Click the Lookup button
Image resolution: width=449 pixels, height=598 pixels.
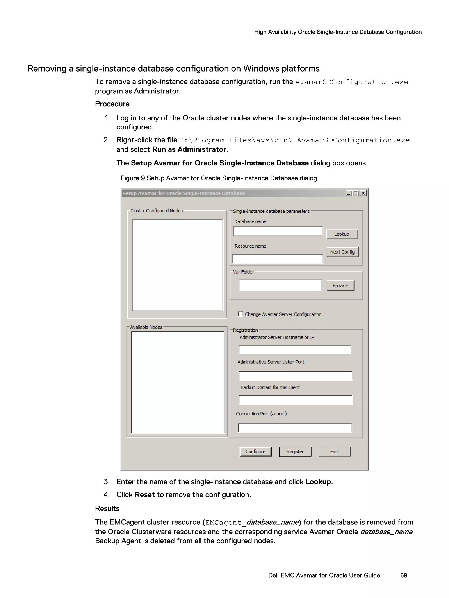pos(342,234)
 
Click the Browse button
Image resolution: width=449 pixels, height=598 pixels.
pos(340,286)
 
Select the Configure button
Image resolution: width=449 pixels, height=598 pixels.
pos(255,451)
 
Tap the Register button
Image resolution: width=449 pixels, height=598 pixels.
pos(295,451)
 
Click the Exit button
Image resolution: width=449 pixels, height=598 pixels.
pos(334,451)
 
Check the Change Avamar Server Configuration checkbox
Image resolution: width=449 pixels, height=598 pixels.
pos(240,314)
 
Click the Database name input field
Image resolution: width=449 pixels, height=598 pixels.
pos(278,232)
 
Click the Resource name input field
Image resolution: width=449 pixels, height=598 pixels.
pos(278,259)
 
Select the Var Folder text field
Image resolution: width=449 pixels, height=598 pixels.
pos(280,286)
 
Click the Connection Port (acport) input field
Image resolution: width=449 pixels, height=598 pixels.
pos(295,428)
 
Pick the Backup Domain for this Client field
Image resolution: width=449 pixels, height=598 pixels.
pos(295,400)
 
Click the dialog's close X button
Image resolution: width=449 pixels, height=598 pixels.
pos(363,193)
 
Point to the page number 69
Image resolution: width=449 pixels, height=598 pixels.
pos(404,575)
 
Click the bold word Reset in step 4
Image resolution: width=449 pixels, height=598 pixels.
pos(144,494)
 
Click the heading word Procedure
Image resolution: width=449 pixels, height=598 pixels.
pos(112,104)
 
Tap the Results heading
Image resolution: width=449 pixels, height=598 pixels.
pos(107,508)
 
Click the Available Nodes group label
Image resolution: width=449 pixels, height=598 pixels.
pos(146,327)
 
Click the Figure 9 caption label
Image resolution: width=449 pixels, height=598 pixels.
pos(133,178)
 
